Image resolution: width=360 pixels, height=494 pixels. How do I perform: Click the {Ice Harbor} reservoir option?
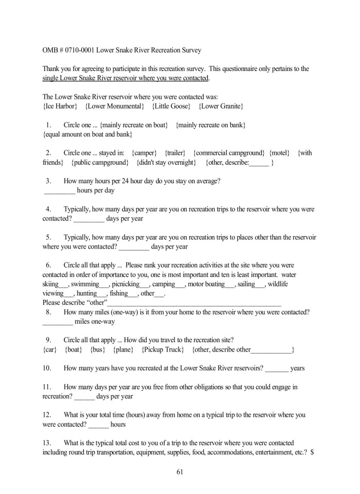(x=60, y=106)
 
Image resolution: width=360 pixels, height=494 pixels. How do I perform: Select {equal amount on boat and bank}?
(x=87, y=134)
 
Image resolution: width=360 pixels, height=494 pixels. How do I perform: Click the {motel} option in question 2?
(x=279, y=153)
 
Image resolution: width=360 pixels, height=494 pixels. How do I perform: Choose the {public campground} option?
(x=100, y=163)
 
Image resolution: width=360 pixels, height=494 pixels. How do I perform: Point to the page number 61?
(x=180, y=471)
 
